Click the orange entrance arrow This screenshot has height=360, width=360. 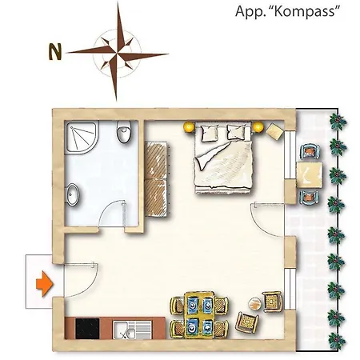pyautogui.click(x=45, y=284)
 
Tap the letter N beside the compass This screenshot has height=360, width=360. pyautogui.click(x=55, y=52)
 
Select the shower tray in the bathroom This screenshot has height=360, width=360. pyautogui.click(x=82, y=137)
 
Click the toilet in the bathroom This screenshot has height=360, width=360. pyautogui.click(x=124, y=131)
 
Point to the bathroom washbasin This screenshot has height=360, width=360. pyautogui.click(x=72, y=194)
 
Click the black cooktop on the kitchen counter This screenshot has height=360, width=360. pyautogui.click(x=87, y=329)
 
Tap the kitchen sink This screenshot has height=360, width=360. pyautogui.click(x=132, y=330)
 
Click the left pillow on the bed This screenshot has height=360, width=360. pyautogui.click(x=210, y=132)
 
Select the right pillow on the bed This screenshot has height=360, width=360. pyautogui.click(x=237, y=131)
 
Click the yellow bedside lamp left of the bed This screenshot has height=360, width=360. pyautogui.click(x=189, y=126)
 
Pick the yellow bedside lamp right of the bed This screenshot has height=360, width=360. pyautogui.click(x=258, y=127)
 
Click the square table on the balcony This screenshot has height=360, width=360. pyautogui.click(x=309, y=175)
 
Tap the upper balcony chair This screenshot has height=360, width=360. pyautogui.click(x=309, y=151)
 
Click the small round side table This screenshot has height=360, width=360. pyautogui.click(x=254, y=303)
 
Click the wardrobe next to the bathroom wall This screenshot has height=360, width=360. pyautogui.click(x=156, y=179)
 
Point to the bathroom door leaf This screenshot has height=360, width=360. pyautogui.click(x=123, y=214)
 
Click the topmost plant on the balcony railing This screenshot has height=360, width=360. pyautogui.click(x=338, y=122)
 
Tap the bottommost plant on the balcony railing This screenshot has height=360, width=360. pyautogui.click(x=337, y=341)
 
